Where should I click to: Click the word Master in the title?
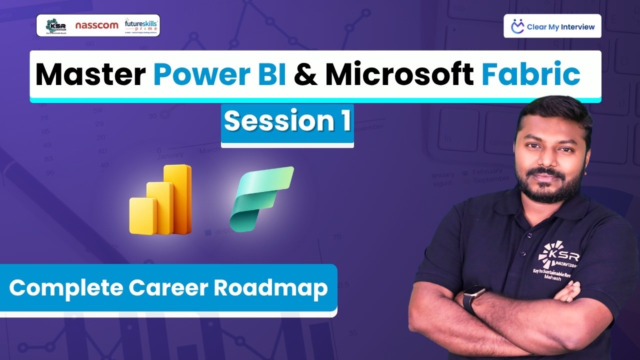point(90,75)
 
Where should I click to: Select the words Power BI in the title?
point(220,75)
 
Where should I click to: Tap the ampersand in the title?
point(305,75)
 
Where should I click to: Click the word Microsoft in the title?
point(399,75)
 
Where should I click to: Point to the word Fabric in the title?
point(530,75)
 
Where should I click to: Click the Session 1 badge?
point(287,121)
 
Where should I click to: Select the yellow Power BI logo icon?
point(160,200)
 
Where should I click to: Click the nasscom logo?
point(96,25)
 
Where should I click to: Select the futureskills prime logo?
point(141,25)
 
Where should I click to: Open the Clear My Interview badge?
point(552,26)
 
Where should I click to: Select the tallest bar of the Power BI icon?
point(178,199)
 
